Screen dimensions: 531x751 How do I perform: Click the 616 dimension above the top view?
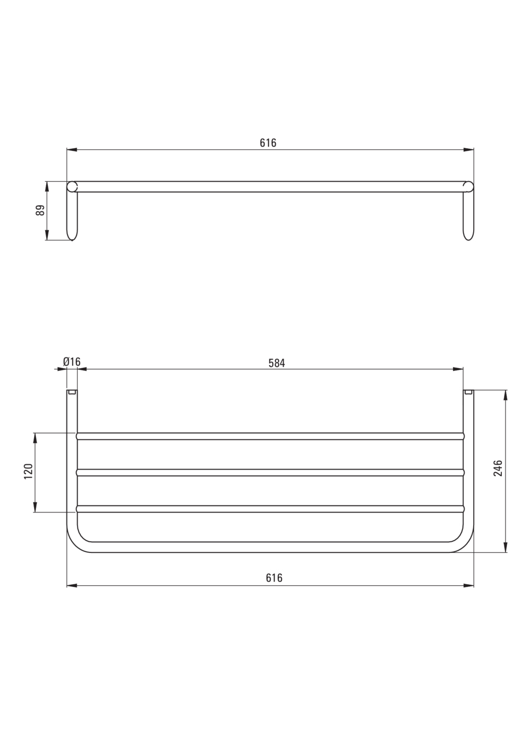[x=268, y=143]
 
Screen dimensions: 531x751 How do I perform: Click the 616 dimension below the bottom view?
[x=274, y=578]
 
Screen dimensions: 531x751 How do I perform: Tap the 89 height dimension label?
[x=40, y=210]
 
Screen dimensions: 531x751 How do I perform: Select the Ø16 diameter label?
[x=72, y=362]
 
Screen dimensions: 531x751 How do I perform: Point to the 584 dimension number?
[x=277, y=363]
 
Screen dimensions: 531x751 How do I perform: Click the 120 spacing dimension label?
[x=29, y=471]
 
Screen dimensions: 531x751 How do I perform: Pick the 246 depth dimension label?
[x=498, y=468]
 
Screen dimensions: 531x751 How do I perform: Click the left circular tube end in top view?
[x=72, y=187]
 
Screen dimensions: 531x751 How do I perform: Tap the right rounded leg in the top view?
[x=469, y=216]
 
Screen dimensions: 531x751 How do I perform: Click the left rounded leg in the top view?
[x=72, y=216]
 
